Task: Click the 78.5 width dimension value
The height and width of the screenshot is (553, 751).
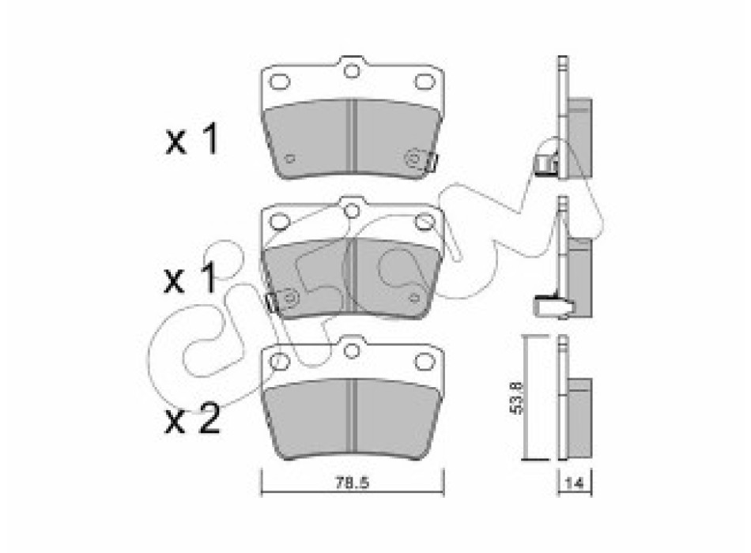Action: tap(352, 483)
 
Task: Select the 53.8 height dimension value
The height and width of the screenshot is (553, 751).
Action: tap(517, 397)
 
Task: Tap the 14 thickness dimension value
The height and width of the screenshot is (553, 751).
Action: tap(574, 483)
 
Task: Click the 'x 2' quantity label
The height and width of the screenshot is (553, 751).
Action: tap(192, 419)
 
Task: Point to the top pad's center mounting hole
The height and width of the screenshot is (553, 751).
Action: tap(352, 71)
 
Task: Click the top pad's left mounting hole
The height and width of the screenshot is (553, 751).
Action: tap(280, 82)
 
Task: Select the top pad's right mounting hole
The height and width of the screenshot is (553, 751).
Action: tap(425, 82)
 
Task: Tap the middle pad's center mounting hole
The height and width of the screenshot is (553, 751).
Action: tap(352, 211)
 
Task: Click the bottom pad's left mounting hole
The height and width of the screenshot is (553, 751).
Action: tap(280, 361)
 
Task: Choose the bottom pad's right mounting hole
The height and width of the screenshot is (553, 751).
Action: tap(425, 361)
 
